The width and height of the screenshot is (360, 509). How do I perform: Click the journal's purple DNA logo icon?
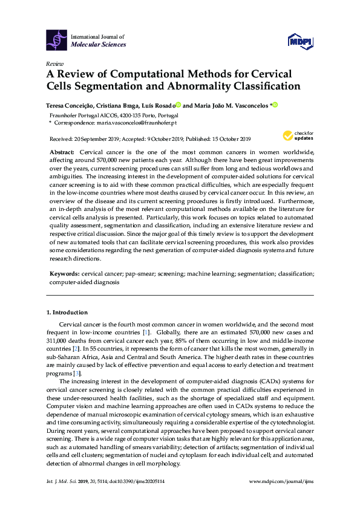[x=57, y=41]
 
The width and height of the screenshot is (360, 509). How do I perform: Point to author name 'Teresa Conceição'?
[x=70, y=105]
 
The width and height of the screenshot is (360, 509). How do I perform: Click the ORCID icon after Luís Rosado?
[x=178, y=105]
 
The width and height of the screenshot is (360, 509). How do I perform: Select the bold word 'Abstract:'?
[x=62, y=151]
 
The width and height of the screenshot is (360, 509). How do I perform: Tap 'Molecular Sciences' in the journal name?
[x=99, y=45]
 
